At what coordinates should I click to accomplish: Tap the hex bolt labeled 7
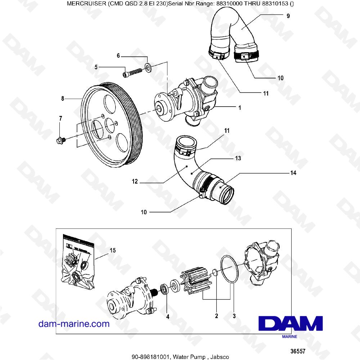(x=60, y=140)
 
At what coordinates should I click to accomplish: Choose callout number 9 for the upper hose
(x=288, y=16)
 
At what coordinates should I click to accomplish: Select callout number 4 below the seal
(x=167, y=317)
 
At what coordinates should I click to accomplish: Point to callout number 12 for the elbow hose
(x=135, y=182)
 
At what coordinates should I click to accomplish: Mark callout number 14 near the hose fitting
(x=293, y=173)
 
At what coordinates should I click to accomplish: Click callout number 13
(x=238, y=158)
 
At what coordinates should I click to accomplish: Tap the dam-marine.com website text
(x=74, y=324)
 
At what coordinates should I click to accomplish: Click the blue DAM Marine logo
(x=291, y=324)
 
